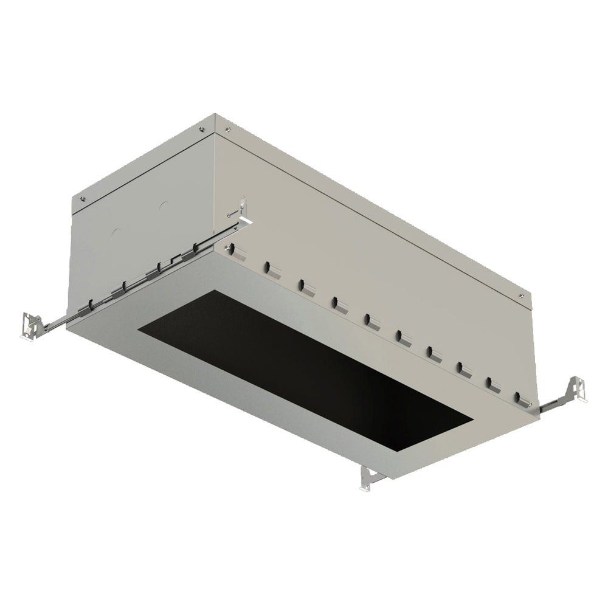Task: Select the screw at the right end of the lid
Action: tap(521, 295)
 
